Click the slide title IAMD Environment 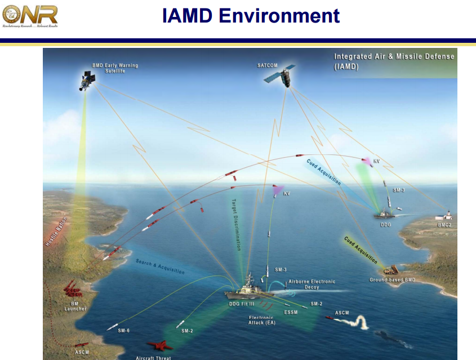coord(251,15)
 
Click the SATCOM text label coord(268,65)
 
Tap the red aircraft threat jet coord(160,345)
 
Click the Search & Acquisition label coord(160,266)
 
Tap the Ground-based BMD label coord(392,280)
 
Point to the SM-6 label coord(124,330)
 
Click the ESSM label coord(291,312)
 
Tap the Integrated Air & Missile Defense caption coord(394,61)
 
